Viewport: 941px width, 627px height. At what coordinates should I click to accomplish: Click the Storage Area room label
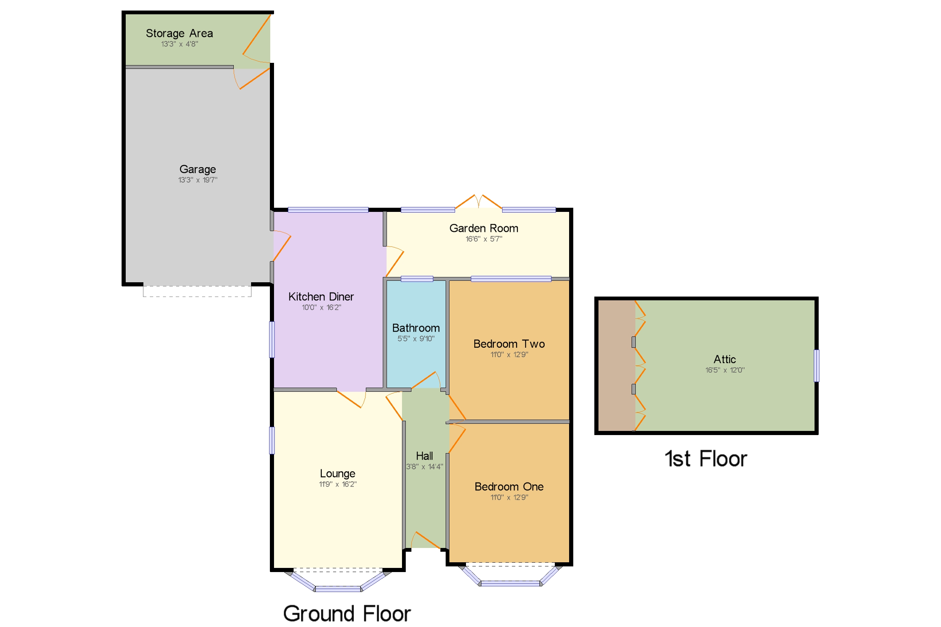click(179, 33)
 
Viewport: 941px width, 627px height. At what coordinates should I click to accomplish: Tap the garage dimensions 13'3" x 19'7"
click(198, 180)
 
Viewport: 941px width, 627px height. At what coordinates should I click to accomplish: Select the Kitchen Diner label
click(321, 297)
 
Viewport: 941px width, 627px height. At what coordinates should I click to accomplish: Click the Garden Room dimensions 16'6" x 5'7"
click(484, 239)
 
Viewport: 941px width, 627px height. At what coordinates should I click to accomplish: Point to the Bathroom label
click(416, 328)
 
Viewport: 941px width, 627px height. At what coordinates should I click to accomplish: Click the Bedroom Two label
click(509, 344)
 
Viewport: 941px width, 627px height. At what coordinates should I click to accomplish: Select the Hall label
click(424, 456)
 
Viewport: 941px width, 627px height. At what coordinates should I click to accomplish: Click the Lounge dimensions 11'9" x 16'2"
click(337, 484)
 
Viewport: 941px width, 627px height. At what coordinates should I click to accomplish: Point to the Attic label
click(724, 359)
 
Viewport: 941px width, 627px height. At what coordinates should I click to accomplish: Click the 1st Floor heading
click(705, 459)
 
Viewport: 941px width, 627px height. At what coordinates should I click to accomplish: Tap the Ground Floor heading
click(346, 613)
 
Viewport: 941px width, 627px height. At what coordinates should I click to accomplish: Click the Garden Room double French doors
click(478, 202)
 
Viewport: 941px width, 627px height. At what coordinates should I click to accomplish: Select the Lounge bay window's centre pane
click(338, 589)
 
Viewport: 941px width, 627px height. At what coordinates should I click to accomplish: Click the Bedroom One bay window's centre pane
click(510, 584)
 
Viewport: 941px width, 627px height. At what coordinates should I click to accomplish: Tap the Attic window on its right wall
click(816, 365)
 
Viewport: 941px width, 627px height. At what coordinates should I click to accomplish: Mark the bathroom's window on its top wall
click(417, 279)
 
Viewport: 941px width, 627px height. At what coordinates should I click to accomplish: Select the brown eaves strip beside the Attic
click(616, 365)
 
